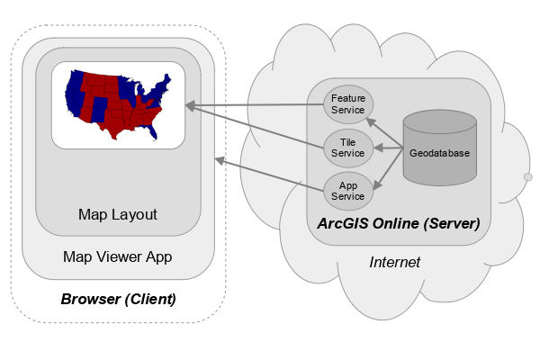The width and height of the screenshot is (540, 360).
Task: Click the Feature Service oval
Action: pos(347,103)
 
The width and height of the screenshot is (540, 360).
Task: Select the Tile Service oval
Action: pos(347,147)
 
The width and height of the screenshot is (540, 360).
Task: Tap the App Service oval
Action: pos(347,189)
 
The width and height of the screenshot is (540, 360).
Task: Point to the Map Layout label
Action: pos(118,214)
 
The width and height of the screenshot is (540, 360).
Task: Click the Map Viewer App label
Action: pos(118,257)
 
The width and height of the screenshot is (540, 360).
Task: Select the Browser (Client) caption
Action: pos(118,298)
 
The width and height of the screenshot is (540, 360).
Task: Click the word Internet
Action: pos(395,263)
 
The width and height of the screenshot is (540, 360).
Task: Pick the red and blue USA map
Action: pos(118,103)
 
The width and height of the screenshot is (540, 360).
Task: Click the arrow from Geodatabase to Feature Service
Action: pos(386,132)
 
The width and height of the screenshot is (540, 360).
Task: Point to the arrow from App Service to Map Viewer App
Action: pos(270,175)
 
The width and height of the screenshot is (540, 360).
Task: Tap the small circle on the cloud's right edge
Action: pos(527,177)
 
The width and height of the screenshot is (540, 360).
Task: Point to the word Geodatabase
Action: pos(439,154)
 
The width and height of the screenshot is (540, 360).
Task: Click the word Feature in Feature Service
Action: pos(347,98)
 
